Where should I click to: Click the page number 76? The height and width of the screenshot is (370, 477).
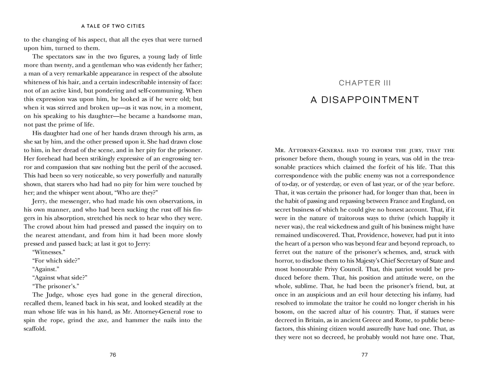[x=113, y=355]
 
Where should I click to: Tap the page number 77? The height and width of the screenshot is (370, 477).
[x=364, y=355]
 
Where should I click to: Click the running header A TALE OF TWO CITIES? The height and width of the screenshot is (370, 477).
[x=113, y=26]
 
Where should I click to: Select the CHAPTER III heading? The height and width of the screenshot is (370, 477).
[x=364, y=83]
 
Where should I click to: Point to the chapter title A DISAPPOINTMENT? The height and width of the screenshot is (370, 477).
[x=364, y=100]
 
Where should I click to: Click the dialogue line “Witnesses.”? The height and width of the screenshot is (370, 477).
[x=49, y=252]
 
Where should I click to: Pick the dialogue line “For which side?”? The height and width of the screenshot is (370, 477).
[x=56, y=261]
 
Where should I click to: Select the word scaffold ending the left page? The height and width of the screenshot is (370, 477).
[x=35, y=329]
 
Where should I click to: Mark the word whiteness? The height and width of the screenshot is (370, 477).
[x=36, y=82]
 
